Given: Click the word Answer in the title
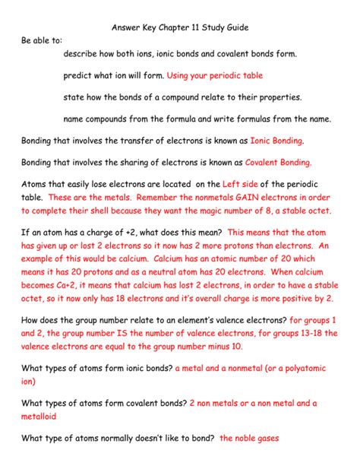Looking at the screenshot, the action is [x=128, y=27].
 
